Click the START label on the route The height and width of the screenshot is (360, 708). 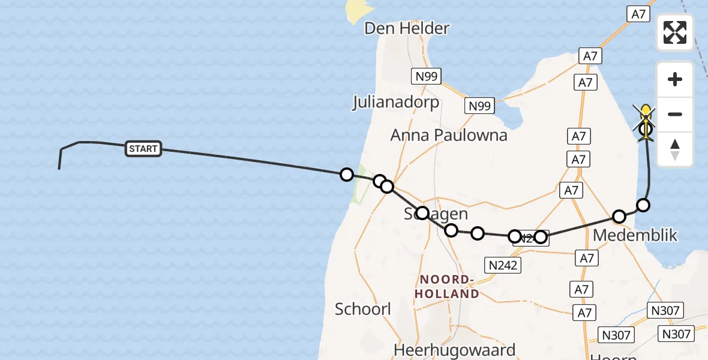(x=143, y=149)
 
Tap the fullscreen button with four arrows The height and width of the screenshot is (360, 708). (x=675, y=32)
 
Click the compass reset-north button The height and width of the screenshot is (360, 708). (x=675, y=149)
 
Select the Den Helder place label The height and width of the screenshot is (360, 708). (x=407, y=28)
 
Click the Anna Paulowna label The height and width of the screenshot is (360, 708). (x=449, y=135)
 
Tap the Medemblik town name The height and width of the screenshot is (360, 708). (x=635, y=235)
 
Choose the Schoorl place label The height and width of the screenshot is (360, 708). (x=363, y=309)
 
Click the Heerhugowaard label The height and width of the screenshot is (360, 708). (x=454, y=350)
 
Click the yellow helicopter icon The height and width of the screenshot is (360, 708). (x=646, y=114)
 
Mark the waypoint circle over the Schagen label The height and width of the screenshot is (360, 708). (x=422, y=213)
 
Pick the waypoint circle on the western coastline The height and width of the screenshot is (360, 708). (x=346, y=175)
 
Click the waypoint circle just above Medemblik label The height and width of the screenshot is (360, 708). (x=619, y=216)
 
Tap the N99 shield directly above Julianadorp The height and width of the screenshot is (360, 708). (x=427, y=76)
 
